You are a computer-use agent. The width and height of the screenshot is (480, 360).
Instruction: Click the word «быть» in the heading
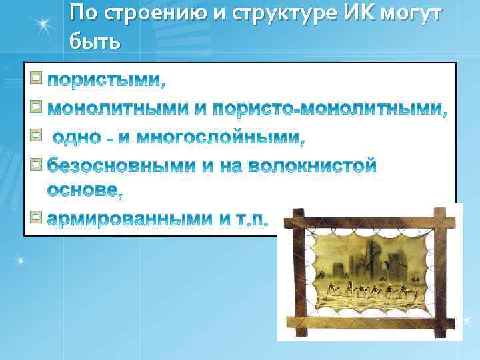tap(94, 41)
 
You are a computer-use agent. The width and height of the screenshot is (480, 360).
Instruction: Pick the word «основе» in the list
tap(84, 191)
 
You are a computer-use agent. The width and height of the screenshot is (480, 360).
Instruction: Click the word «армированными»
tap(129, 219)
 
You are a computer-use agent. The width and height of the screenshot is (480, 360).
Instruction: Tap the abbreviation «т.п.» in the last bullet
tap(249, 219)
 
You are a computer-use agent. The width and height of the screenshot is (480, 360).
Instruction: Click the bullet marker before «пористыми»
tap(36, 79)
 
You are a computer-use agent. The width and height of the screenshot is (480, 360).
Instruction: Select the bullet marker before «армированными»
tap(36, 217)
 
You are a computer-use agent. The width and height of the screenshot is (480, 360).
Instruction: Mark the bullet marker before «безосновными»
tap(36, 163)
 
